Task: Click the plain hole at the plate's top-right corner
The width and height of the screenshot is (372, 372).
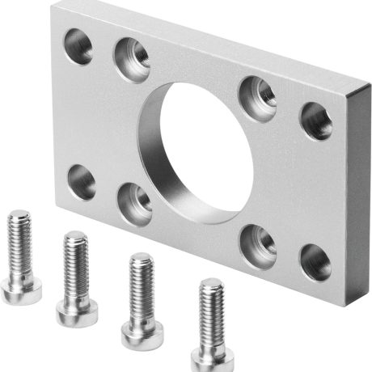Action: pyautogui.click(x=315, y=120)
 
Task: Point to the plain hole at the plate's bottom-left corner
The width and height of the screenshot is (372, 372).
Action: pyautogui.click(x=82, y=180)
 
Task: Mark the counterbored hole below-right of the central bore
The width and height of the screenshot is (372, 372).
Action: pyautogui.click(x=258, y=240)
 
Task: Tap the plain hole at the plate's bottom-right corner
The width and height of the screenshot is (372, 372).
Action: pyautogui.click(x=315, y=261)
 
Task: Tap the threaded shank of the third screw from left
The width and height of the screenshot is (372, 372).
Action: pyautogui.click(x=142, y=283)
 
